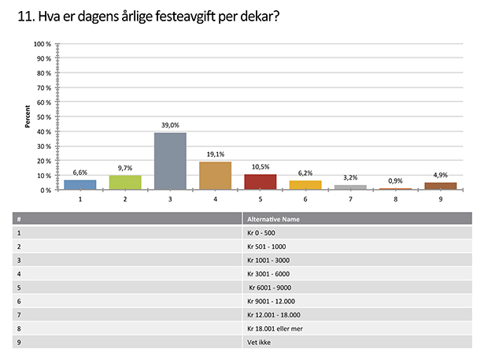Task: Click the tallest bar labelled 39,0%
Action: (170, 161)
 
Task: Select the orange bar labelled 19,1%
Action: (215, 176)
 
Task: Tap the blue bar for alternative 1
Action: (79, 185)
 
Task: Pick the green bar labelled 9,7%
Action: (125, 183)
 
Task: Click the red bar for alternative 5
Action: (260, 182)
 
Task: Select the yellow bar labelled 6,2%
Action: (305, 185)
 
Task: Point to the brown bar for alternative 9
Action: (441, 186)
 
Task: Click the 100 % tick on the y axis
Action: (43, 44)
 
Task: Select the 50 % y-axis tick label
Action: (44, 117)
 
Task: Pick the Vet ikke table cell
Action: (259, 342)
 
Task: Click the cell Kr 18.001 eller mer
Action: (275, 328)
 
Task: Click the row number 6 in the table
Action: (18, 301)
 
